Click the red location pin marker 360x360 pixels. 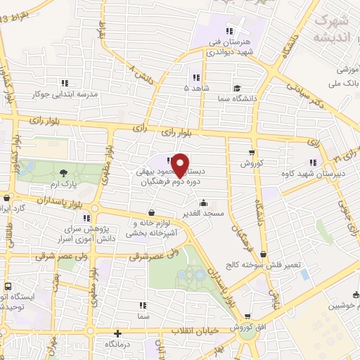[x=180, y=163]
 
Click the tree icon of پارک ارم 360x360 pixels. [x=64, y=172]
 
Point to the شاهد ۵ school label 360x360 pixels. [x=196, y=89]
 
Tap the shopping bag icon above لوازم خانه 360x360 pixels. [x=152, y=213]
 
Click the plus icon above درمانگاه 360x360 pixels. [x=117, y=333]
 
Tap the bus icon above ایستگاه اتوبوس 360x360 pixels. [x=8, y=288]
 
